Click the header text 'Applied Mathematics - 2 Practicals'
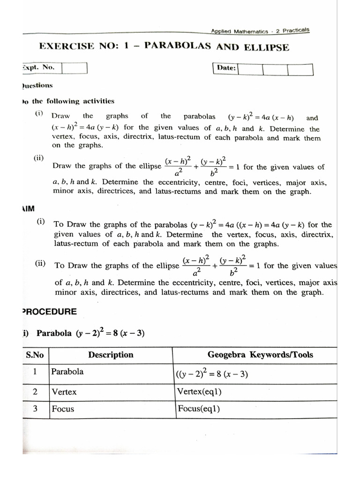260,31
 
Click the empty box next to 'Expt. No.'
75,68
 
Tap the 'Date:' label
226,68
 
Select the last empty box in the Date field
300,69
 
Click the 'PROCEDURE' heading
49,312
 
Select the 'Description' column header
111,355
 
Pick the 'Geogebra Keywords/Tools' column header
260,355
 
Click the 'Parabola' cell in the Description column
67,372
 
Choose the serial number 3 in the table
35,408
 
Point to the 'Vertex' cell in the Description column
64,391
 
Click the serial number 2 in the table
35,391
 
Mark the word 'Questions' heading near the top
37,86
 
